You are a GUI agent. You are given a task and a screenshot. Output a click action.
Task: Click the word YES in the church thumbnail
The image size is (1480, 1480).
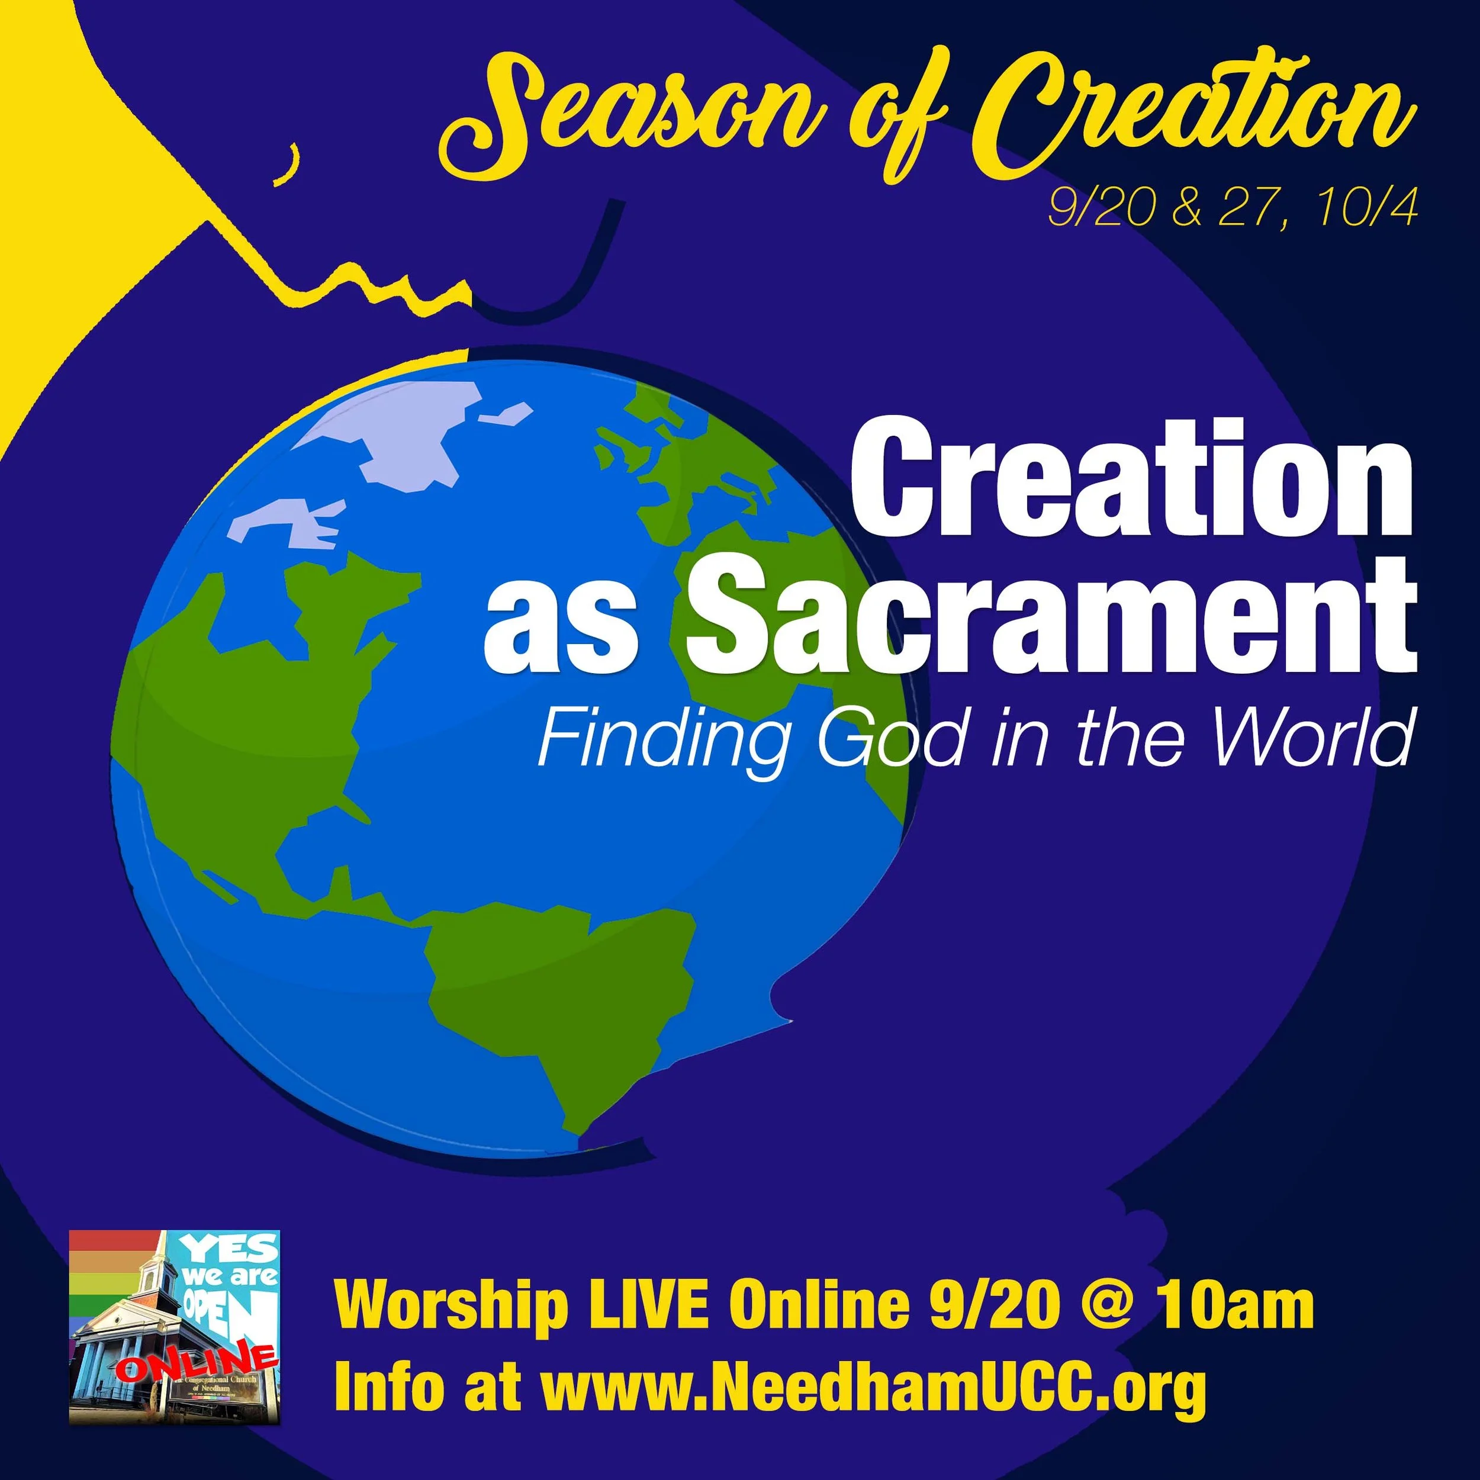[x=234, y=1250]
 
